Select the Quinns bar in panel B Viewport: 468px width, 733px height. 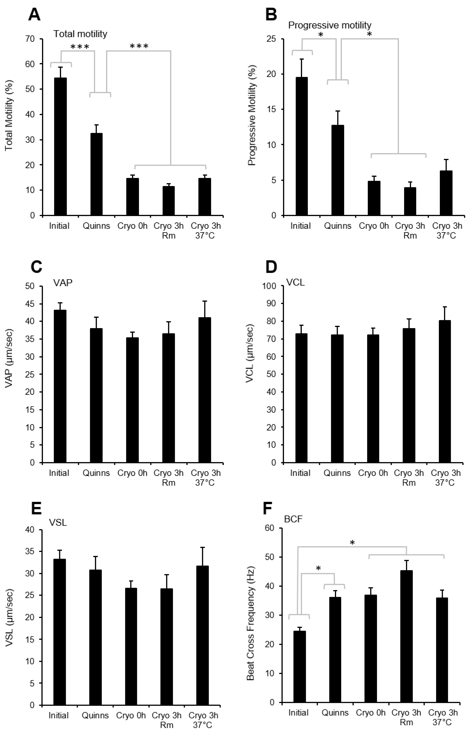point(338,170)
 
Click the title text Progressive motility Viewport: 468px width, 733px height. point(330,25)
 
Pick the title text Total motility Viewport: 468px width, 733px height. point(80,34)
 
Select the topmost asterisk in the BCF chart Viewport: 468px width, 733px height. point(352,543)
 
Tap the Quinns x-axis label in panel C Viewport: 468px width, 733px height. point(96,473)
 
